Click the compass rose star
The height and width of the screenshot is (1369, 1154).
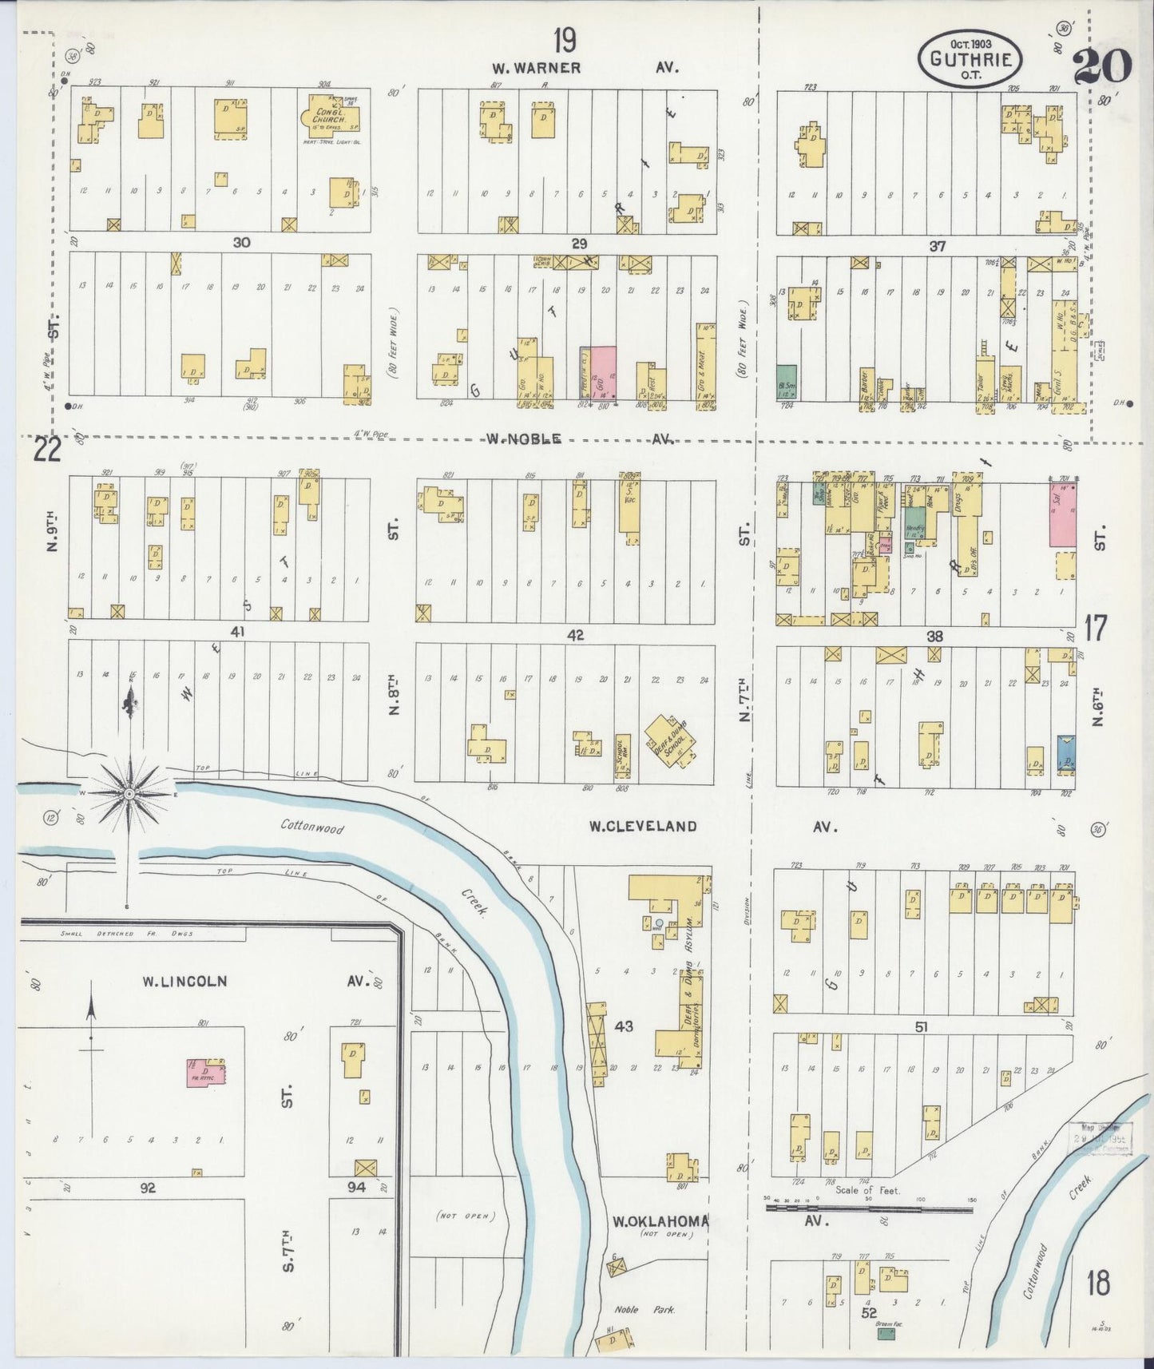pyautogui.click(x=129, y=793)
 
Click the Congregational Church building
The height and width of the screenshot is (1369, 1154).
pyautogui.click(x=327, y=118)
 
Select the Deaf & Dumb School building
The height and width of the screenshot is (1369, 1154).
pyautogui.click(x=670, y=740)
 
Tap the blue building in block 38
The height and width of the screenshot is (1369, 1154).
pyautogui.click(x=1065, y=752)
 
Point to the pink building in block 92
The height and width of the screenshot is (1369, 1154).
pyautogui.click(x=205, y=1071)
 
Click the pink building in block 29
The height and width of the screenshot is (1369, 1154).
pyautogui.click(x=598, y=372)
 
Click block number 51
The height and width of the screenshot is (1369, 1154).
pyautogui.click(x=921, y=1026)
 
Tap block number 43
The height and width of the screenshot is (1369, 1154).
pyautogui.click(x=624, y=1026)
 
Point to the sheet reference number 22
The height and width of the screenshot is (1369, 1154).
pyautogui.click(x=46, y=451)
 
